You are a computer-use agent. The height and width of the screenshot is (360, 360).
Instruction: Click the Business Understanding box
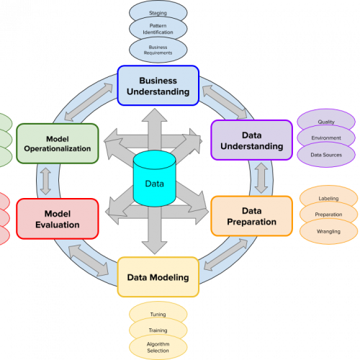point(158,86)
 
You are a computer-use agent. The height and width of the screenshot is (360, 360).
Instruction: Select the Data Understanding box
point(252,140)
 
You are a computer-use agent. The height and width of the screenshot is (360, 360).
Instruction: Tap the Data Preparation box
point(252,216)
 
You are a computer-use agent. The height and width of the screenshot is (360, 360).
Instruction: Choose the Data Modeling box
point(158,277)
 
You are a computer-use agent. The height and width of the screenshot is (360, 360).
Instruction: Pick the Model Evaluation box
point(57,220)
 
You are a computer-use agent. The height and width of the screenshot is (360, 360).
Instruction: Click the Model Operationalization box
point(57,143)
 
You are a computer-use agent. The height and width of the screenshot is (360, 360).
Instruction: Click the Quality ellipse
point(326,122)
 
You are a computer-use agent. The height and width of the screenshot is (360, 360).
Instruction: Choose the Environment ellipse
point(326,138)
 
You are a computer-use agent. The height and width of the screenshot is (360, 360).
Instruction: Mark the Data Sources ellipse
point(326,155)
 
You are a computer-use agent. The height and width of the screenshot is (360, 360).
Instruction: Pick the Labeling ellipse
point(328,198)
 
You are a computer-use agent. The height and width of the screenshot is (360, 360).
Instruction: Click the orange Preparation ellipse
point(328,215)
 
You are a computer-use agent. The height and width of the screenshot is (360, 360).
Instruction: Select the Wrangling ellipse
point(328,232)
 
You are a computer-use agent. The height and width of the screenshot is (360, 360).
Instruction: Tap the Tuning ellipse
point(158,315)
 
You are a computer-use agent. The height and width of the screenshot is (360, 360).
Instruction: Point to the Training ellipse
point(158,330)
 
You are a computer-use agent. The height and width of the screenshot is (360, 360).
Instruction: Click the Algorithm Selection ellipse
point(158,348)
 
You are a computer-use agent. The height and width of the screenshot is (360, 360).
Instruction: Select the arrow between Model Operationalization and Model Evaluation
point(47,181)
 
